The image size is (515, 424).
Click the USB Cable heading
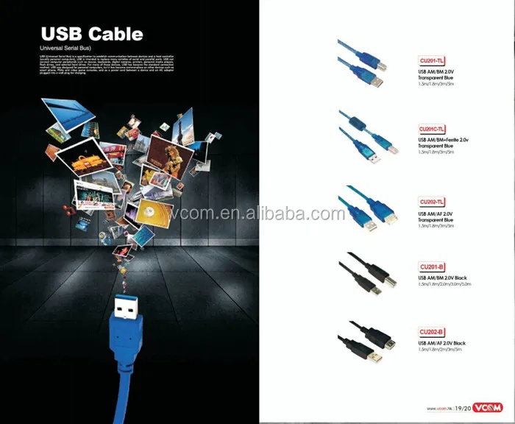point(91,34)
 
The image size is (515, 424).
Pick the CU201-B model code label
point(430,266)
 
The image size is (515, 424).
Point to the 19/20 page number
point(462,408)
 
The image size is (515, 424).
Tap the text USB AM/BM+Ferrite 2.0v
point(448,139)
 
